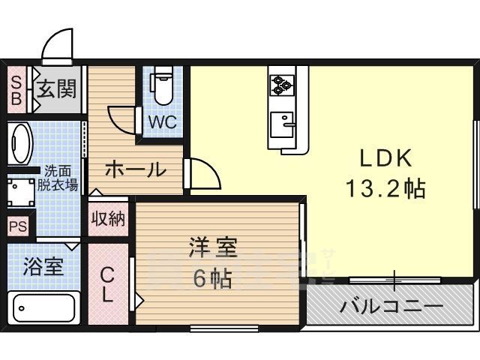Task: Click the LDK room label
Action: tap(385, 158)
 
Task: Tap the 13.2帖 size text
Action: tap(385, 188)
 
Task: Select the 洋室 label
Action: tap(213, 247)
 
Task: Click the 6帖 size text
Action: tap(212, 277)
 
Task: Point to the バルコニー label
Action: tap(391, 306)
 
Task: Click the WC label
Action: tap(163, 122)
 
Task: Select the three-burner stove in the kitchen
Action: tap(282, 85)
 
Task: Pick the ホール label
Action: tap(136, 169)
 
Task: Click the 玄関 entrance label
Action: tap(56, 88)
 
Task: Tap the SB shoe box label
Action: tap(16, 90)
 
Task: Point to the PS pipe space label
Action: tap(18, 226)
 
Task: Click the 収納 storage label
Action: tap(108, 218)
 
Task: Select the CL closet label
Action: tap(107, 284)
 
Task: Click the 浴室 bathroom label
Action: tap(43, 267)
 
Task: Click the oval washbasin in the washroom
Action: tap(20, 143)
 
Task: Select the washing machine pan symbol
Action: tap(21, 193)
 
